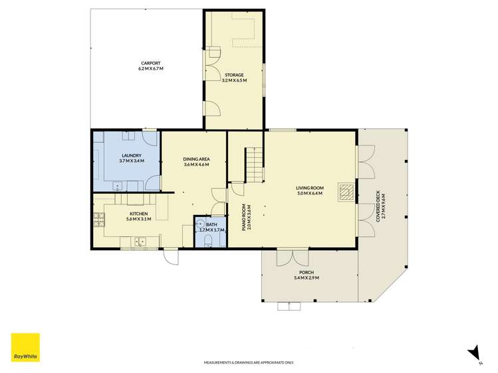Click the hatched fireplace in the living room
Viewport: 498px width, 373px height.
346,192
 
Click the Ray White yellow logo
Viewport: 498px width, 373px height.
25,347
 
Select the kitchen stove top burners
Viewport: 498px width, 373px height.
99,220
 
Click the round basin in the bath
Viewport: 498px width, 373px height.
200,223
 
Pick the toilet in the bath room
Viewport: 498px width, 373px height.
208,240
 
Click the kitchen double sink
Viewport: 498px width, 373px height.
140,242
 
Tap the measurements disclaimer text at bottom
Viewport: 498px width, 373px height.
249,362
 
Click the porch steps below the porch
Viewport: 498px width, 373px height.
289,306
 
